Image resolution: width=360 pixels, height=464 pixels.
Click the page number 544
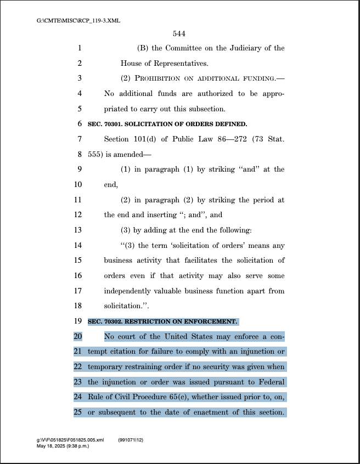click(179, 34)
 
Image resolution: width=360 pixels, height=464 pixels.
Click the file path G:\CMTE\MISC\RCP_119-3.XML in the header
click(78, 21)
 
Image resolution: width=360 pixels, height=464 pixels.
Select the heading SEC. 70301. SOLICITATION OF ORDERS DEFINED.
click(167, 124)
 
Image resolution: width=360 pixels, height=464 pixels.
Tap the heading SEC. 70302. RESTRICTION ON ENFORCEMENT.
click(162, 321)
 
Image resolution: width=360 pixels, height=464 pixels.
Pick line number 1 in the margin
click(80, 48)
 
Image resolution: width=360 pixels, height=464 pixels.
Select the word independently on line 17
click(130, 291)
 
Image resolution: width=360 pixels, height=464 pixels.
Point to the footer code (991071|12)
click(131, 440)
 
